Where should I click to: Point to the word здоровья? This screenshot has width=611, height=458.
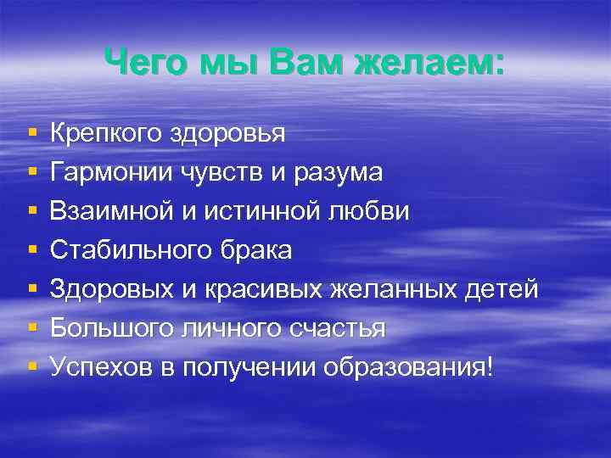[x=228, y=134]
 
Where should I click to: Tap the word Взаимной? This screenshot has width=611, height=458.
[x=112, y=212]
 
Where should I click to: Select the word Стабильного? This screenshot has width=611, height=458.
[x=128, y=251]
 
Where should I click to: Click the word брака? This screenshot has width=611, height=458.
[x=252, y=251]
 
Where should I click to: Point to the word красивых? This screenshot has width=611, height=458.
[x=259, y=290]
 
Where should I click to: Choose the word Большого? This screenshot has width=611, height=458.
[x=110, y=329]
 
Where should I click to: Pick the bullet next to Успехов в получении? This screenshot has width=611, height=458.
[x=31, y=369]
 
